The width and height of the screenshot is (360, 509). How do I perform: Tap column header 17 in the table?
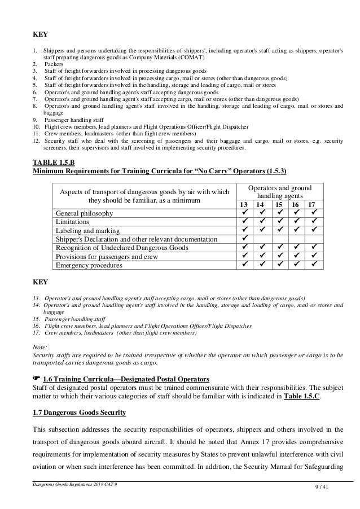(312, 204)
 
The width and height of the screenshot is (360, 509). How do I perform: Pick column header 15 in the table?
(278, 204)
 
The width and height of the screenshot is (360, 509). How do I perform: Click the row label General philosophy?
(84, 213)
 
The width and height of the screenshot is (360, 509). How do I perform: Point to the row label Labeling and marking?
(87, 230)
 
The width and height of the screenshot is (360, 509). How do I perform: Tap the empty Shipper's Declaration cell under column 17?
(312, 239)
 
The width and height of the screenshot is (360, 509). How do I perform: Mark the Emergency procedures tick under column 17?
(312, 264)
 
